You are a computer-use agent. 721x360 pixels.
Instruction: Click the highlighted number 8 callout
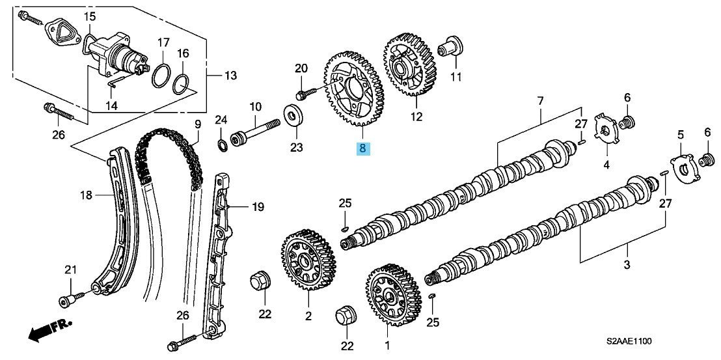pos(363,148)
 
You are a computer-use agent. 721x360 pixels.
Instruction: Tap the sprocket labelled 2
pos(308,260)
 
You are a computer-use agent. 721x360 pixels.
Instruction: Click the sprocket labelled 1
pos(393,294)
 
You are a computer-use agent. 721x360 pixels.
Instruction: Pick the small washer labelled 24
pos(222,145)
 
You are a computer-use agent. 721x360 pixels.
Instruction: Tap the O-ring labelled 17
pos(161,76)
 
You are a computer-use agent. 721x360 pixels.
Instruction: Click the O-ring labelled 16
pos(182,84)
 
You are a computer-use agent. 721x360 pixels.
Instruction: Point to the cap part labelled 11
pos(450,46)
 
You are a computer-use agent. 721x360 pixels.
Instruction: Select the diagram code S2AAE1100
pos(629,341)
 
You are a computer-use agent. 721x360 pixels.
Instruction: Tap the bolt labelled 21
pos(72,297)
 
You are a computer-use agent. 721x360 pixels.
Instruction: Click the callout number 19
pos(258,207)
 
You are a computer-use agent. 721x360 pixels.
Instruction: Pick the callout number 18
pos(87,195)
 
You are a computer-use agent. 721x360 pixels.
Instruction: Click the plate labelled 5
pos(685,170)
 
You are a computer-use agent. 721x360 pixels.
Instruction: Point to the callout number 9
pos(198,124)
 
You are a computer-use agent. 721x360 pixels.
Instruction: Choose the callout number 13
pos(230,75)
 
